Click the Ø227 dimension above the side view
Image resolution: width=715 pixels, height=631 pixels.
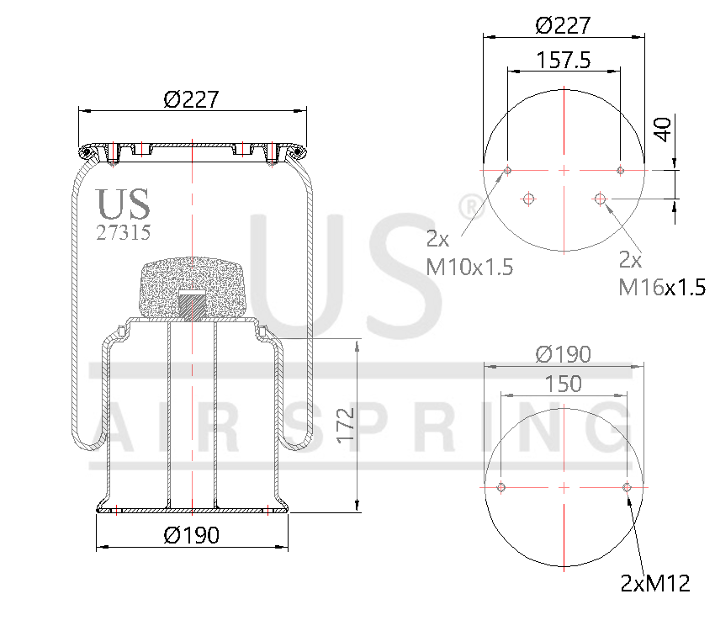(192, 99)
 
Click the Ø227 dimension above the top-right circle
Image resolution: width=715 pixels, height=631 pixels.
(563, 25)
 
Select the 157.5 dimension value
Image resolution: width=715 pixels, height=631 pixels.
(563, 60)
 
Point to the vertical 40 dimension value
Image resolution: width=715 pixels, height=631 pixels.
(664, 130)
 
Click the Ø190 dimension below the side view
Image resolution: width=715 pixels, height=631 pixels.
(192, 535)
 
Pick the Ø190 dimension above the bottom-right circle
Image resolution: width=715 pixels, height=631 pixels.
(563, 354)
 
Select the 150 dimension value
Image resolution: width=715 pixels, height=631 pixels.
(563, 384)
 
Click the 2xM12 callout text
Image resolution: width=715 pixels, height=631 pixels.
(655, 583)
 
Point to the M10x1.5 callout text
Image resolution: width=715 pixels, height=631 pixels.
(469, 268)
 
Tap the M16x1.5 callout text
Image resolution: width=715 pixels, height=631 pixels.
(661, 287)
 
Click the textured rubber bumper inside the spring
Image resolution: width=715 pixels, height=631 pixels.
(193, 286)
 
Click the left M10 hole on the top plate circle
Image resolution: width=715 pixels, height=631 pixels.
(507, 171)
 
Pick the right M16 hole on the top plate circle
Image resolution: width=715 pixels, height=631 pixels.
(600, 199)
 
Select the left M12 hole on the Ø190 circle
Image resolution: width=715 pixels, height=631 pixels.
(501, 487)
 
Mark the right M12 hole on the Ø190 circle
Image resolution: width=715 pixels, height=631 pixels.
(626, 487)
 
